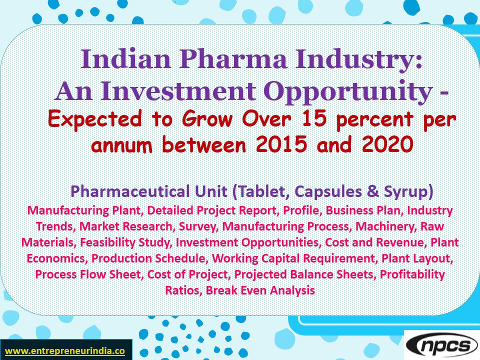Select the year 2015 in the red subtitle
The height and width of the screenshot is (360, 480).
click(x=278, y=145)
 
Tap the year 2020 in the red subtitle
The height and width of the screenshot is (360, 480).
click(x=383, y=145)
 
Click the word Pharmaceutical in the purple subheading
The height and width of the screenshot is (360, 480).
click(x=128, y=191)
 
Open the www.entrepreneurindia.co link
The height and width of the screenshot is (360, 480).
click(x=64, y=350)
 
